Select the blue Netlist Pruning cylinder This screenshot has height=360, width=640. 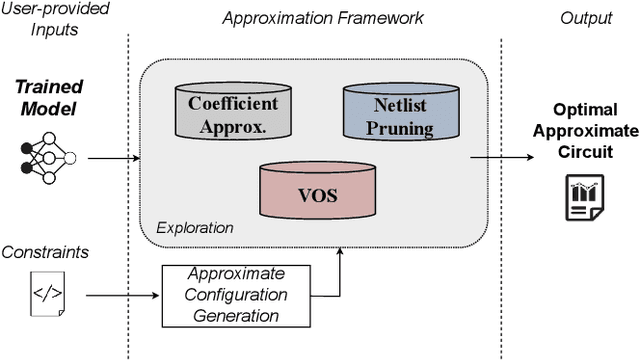(391, 112)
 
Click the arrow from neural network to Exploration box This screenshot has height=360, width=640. (111, 157)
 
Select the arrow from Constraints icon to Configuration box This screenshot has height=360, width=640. (122, 296)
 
